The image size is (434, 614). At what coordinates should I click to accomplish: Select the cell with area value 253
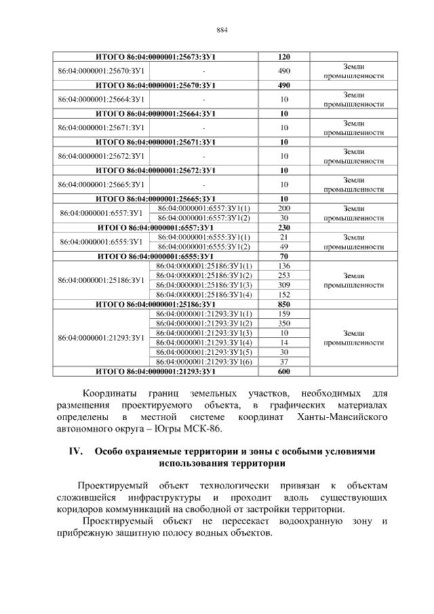[x=284, y=275]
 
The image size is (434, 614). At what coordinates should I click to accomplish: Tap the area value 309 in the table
[x=284, y=285]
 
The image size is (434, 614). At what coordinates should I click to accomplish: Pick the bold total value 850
[x=284, y=305]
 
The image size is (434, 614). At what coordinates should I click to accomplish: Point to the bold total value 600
[x=284, y=372]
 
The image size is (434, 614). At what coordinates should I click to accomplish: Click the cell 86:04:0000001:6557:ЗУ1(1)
[x=203, y=208]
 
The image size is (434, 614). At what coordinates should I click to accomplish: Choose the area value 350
[x=284, y=324]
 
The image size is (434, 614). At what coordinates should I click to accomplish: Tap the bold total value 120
[x=284, y=56]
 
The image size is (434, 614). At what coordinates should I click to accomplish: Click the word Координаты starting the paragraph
[x=110, y=394]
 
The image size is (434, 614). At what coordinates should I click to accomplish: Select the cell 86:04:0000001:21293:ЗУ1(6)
[x=203, y=362]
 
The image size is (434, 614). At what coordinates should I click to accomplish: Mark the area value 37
[x=284, y=362]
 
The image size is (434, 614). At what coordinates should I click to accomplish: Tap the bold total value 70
[x=284, y=256]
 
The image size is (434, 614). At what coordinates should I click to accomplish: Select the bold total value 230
[x=284, y=227]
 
